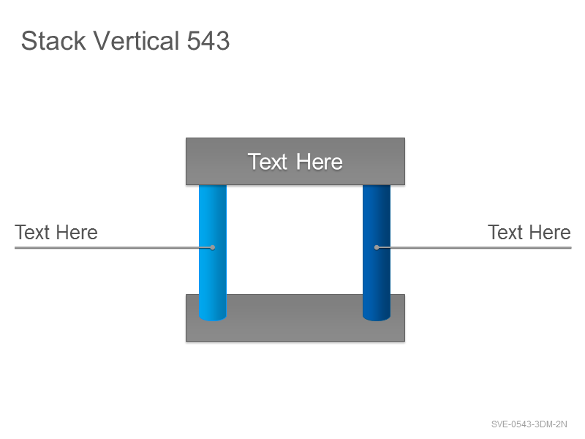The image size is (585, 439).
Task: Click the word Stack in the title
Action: tap(53, 41)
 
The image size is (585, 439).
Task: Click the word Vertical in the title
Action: tap(137, 40)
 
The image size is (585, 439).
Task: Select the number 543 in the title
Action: tap(208, 41)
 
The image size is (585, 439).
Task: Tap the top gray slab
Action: tap(295, 161)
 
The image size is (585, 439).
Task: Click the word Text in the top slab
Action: tap(268, 162)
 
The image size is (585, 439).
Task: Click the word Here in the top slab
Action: tap(320, 162)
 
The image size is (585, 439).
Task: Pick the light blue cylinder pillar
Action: tap(213, 252)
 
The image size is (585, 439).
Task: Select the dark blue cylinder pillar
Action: tap(377, 252)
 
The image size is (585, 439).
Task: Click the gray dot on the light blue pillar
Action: tap(212, 247)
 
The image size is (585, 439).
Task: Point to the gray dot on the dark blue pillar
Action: tap(377, 247)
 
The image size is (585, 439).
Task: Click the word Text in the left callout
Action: tap(32, 232)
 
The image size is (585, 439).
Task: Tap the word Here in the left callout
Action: tap(78, 232)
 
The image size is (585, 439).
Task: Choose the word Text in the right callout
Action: tap(505, 232)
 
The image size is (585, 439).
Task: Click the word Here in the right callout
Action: tap(551, 232)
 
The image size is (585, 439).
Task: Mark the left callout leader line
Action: tap(113, 247)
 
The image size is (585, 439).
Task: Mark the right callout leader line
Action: tap(474, 247)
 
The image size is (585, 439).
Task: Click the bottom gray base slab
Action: tap(295, 329)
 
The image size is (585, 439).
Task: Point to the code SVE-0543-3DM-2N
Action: tap(529, 424)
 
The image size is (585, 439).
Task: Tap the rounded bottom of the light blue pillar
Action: tap(213, 318)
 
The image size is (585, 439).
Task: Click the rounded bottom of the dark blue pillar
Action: tap(377, 318)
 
